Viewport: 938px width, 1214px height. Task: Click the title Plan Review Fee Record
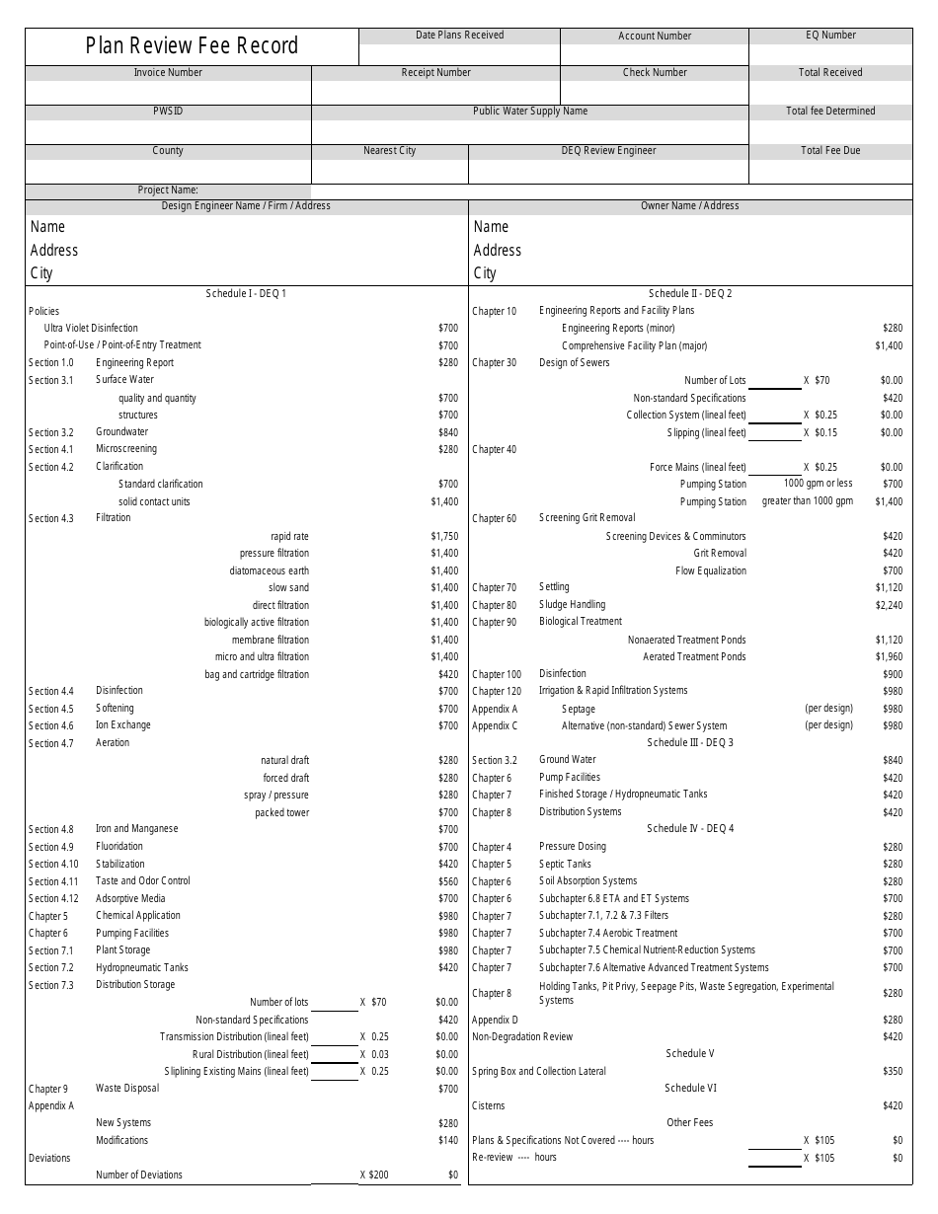(x=192, y=45)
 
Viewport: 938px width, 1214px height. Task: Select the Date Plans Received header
(x=459, y=36)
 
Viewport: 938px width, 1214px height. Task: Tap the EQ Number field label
(x=830, y=36)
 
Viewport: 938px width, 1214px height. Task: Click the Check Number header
(x=655, y=73)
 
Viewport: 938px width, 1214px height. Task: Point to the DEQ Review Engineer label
(x=608, y=151)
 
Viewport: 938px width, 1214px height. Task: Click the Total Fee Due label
(x=830, y=151)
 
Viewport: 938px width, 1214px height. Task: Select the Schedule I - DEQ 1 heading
(x=246, y=293)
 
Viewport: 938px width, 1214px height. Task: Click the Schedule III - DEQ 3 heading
(x=690, y=742)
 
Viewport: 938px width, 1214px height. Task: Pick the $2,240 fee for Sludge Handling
(x=889, y=605)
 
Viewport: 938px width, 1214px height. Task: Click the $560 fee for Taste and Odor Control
(x=448, y=881)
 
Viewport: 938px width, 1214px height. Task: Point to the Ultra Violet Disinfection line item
(x=91, y=328)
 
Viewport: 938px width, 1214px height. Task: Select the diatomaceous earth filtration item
(x=270, y=570)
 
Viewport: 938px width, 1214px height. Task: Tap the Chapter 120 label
(x=497, y=691)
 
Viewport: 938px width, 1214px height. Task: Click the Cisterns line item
(x=490, y=1105)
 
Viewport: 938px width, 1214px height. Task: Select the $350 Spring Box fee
(x=893, y=1071)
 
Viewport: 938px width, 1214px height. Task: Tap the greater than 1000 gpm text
(x=807, y=501)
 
